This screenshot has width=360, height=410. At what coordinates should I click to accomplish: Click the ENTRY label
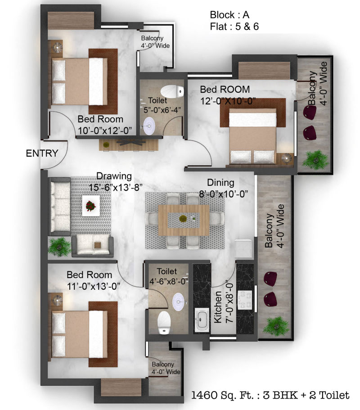pos(42,153)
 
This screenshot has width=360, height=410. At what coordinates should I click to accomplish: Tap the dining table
pos(184,220)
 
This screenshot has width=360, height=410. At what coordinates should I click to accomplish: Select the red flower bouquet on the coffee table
pos(91,206)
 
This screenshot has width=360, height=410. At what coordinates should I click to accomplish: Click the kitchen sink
pos(202,320)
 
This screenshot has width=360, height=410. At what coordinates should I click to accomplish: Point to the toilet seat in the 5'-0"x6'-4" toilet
pos(172,91)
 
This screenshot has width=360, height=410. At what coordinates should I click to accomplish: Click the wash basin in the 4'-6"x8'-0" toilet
pos(179,302)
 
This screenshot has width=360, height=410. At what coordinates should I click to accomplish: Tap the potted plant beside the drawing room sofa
pos(59,246)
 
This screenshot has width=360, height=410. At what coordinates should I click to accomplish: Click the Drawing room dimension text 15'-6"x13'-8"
pos(115,188)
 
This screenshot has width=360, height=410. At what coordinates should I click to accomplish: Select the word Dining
pos(220,183)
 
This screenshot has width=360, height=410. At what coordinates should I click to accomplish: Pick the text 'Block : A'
pos(229,15)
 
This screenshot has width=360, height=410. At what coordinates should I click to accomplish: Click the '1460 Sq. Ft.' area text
pos(222,395)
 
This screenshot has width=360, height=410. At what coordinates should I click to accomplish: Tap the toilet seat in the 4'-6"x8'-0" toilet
pos(164,322)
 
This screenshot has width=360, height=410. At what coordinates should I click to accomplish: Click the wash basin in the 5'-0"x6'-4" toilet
pos(149,126)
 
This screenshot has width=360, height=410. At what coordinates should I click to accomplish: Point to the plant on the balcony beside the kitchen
pos(275,326)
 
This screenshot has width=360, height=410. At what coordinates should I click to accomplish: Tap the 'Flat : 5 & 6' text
pos(234,27)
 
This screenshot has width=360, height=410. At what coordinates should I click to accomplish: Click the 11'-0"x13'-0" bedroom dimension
pos(93,286)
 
